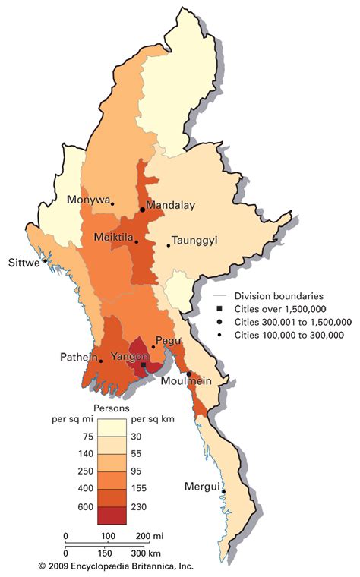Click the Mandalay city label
(x=171, y=205)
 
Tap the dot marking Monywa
(x=112, y=203)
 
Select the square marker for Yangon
(x=143, y=365)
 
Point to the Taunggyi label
(x=194, y=240)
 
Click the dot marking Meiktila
(x=137, y=242)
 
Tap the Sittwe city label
(x=23, y=264)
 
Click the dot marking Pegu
(x=153, y=347)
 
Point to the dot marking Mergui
(x=223, y=492)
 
